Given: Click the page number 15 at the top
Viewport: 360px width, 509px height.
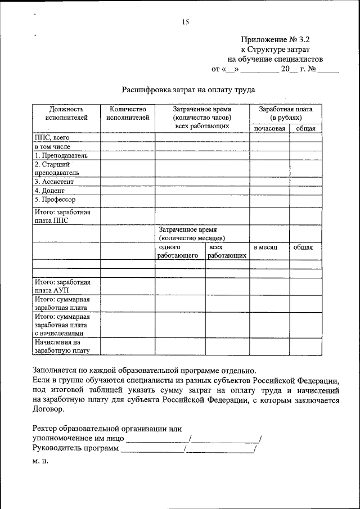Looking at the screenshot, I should coord(186,22).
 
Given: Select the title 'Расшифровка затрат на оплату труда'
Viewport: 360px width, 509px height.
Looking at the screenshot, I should coord(189,89).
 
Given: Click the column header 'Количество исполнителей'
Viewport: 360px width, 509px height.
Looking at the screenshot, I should coord(128,114).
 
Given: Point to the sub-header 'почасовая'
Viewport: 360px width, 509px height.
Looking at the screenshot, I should coord(269,129).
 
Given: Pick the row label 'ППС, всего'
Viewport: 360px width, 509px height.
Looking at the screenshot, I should coord(51,137).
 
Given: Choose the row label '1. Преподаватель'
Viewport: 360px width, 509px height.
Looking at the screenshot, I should coord(61,155).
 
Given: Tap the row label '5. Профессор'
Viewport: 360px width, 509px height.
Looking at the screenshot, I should coord(55,200).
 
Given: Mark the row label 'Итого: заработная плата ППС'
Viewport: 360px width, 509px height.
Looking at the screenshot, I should coord(62,217).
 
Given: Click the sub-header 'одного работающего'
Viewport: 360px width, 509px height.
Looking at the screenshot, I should coord(178,251).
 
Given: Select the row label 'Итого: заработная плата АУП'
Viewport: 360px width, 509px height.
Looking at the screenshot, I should coord(62,286).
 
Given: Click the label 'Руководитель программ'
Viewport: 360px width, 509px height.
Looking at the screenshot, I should coord(76,448).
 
